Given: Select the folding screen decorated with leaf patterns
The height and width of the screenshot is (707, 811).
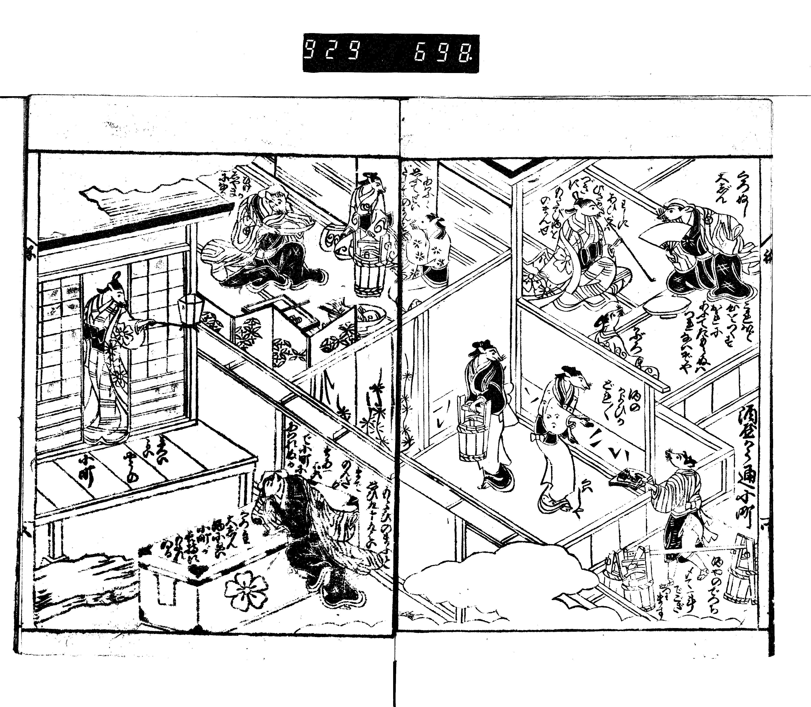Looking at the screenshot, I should tap(284, 335).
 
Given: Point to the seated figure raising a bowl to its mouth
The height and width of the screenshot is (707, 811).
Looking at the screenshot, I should tap(272, 237).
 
